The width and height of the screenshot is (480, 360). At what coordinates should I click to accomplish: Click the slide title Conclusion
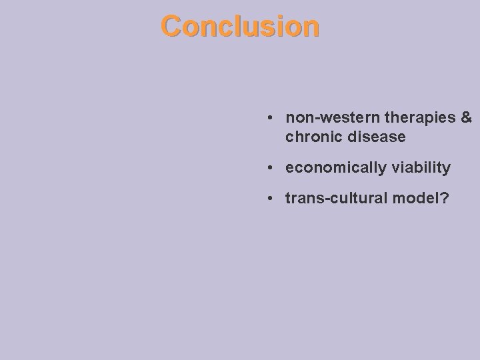(x=240, y=26)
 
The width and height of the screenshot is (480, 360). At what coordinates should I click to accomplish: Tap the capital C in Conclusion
(x=171, y=26)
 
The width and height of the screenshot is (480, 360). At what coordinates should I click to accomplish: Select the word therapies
(x=418, y=118)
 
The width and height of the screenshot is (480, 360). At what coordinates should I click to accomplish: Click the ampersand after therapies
(x=466, y=118)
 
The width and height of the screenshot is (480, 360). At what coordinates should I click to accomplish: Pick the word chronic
(x=310, y=137)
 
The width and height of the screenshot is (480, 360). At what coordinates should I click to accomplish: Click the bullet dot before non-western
(x=268, y=119)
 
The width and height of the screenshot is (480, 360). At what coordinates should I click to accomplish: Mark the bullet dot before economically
(x=268, y=168)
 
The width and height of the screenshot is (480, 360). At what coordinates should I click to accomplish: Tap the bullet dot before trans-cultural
(x=268, y=198)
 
